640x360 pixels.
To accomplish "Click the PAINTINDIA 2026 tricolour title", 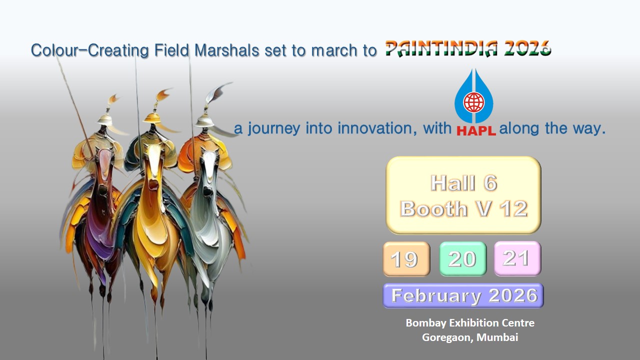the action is (468, 48).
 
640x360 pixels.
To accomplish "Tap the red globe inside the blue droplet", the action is (473, 102).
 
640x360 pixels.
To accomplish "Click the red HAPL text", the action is (476, 131).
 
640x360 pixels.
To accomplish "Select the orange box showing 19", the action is (406, 259).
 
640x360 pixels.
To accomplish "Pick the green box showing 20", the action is (463, 258).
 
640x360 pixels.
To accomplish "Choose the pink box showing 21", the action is (517, 258).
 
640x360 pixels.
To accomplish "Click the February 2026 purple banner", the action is (463, 295).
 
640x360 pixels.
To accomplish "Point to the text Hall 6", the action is (463, 183).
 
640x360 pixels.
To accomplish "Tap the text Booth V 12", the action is (463, 208).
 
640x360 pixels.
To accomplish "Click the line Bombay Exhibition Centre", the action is (470, 323).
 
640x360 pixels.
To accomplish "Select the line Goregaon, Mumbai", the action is (470, 337).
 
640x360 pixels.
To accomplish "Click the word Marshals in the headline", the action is (227, 50).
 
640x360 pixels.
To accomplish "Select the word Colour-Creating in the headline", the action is (89, 50).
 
